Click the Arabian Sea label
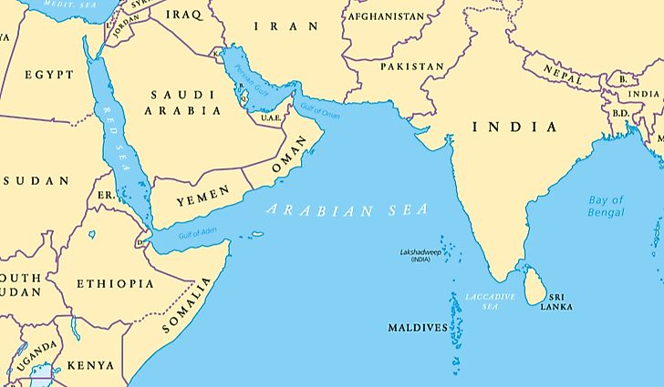[347, 209]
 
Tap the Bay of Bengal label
[607, 206]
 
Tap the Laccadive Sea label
[490, 302]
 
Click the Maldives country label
[418, 327]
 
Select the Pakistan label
[411, 66]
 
